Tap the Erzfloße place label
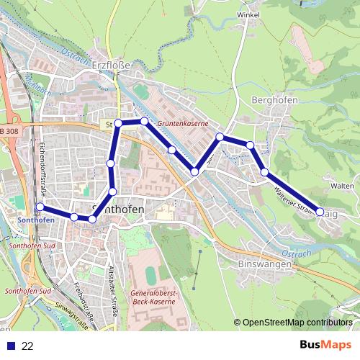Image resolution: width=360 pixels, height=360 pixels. [x=112, y=65]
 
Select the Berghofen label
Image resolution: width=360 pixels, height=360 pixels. [x=276, y=100]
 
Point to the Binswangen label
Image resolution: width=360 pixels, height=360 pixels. [x=264, y=264]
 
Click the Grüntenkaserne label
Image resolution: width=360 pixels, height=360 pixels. [x=183, y=124]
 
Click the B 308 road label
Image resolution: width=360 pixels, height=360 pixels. [x=10, y=130]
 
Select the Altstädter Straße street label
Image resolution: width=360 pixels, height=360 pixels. [x=111, y=287]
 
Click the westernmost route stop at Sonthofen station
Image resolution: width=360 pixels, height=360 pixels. [x=40, y=207]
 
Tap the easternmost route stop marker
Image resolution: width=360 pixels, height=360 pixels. [x=320, y=212]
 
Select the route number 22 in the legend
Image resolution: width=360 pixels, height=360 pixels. [x=27, y=346]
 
